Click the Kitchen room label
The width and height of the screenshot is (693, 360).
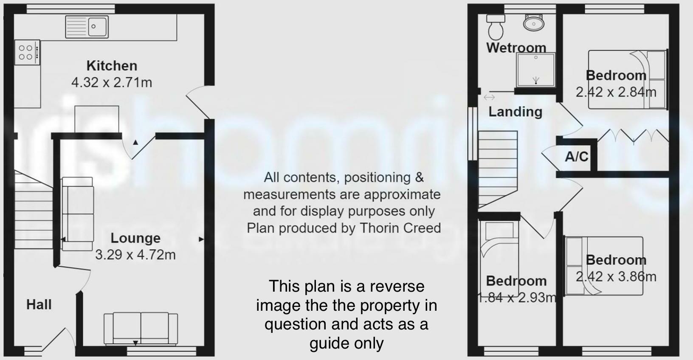(x=112, y=66)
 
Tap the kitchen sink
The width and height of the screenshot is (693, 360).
(x=87, y=26)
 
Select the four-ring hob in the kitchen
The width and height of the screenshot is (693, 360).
(x=27, y=53)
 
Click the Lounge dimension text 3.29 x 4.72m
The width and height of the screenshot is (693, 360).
(x=135, y=255)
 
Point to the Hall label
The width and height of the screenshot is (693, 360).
(x=39, y=304)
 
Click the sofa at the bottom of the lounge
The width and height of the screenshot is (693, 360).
(x=141, y=328)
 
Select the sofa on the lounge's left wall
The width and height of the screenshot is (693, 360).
(x=77, y=214)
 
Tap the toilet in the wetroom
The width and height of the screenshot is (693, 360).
(x=495, y=27)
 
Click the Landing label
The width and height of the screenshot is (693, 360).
(x=515, y=112)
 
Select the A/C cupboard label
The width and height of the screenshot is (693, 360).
(x=576, y=157)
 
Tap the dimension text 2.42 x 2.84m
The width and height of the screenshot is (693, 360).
(x=616, y=92)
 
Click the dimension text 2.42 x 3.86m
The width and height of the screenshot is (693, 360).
(x=616, y=277)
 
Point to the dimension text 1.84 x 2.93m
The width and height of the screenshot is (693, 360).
(x=517, y=298)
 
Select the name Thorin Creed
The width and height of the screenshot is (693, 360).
(x=400, y=228)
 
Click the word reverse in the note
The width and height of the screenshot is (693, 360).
(x=397, y=286)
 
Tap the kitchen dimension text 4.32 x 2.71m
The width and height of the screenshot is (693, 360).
(x=112, y=82)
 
